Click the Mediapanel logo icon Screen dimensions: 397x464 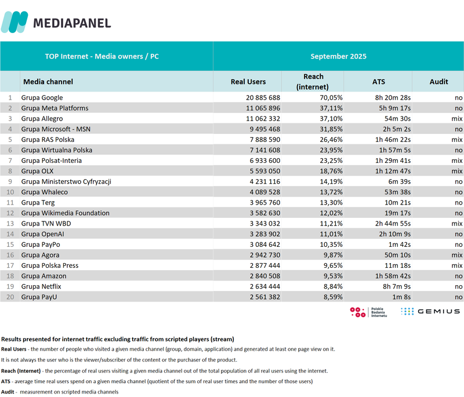[14, 22]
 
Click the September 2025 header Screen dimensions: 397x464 [338, 56]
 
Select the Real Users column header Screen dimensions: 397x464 [248, 82]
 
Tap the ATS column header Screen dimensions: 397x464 [378, 82]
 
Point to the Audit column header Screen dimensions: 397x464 [438, 82]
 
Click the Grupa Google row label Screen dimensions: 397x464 [42, 97]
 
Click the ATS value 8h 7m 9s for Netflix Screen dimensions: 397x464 [394, 286]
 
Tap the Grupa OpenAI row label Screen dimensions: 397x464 [43, 234]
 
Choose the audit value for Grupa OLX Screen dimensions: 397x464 [456, 171]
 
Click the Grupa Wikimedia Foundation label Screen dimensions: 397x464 [65, 213]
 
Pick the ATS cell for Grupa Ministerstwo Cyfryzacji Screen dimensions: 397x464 [397, 181]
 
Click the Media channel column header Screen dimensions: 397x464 [48, 82]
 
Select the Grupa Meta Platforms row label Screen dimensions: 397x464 [55, 108]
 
